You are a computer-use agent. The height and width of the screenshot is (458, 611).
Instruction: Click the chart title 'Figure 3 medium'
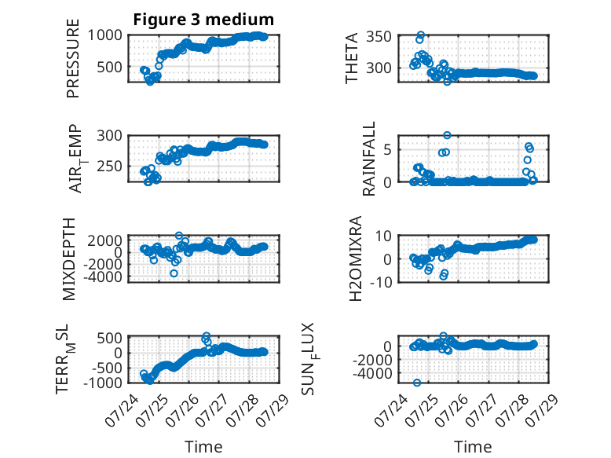pyautogui.click(x=203, y=19)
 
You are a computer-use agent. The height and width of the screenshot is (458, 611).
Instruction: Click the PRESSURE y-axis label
pyautogui.click(x=73, y=58)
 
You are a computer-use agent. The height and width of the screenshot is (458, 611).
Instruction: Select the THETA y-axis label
pyautogui.click(x=352, y=58)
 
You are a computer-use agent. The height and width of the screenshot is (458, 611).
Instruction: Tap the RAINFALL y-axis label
pyautogui.click(x=368, y=158)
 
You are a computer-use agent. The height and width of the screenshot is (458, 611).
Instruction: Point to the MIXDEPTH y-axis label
pyautogui.click(x=69, y=258)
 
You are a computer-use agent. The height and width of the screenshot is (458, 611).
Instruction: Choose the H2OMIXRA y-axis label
pyautogui.click(x=355, y=258)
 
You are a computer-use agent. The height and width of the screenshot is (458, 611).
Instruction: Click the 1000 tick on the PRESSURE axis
pyautogui.click(x=104, y=35)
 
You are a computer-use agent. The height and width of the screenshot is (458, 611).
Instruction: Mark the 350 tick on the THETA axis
pyautogui.click(x=379, y=37)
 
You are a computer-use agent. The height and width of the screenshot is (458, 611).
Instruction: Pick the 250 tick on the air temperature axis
pyautogui.click(x=109, y=166)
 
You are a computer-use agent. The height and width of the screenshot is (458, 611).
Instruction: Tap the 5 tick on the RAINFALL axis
pyautogui.click(x=387, y=150)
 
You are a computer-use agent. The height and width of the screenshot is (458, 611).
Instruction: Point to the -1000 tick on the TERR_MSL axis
pyautogui.click(x=103, y=383)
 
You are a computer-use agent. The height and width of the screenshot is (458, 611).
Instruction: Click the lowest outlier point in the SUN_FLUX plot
pyautogui.click(x=417, y=383)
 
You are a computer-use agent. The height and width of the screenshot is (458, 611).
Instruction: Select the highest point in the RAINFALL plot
pyautogui.click(x=447, y=135)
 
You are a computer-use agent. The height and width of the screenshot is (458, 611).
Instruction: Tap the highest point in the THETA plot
pyautogui.click(x=420, y=35)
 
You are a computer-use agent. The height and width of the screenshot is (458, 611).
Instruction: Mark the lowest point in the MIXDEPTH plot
pyautogui.click(x=174, y=273)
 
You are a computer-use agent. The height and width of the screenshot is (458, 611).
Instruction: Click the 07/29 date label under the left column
pyautogui.click(x=275, y=407)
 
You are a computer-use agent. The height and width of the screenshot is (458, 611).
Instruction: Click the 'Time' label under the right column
pyautogui.click(x=473, y=446)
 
